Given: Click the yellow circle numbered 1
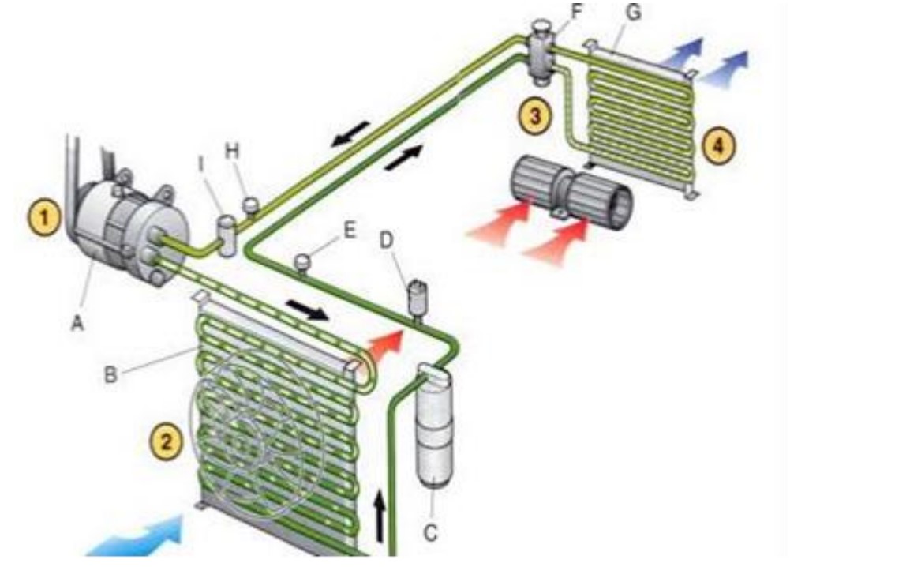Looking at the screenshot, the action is click(44, 219).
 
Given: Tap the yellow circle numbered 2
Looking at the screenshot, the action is click(167, 443).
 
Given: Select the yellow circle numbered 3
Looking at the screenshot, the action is click(534, 116).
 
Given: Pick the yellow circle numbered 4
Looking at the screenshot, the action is click(718, 146).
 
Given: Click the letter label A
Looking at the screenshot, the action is click(77, 322).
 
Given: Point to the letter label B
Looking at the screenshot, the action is click(110, 374).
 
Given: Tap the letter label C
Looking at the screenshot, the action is click(431, 532).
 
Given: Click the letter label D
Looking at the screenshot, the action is click(387, 239).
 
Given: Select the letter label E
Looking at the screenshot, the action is click(350, 230).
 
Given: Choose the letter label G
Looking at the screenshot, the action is click(634, 12).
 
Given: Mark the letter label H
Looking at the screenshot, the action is click(231, 151).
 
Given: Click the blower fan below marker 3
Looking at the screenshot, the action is click(571, 188).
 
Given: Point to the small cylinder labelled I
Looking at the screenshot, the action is click(227, 235).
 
